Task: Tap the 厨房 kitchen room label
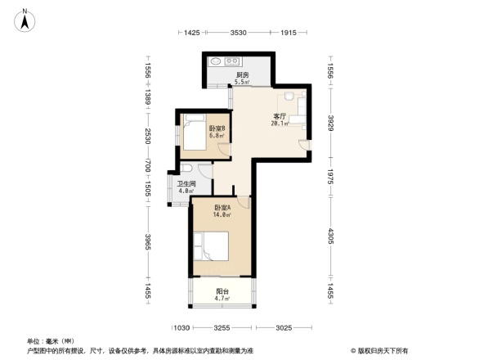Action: [x=241, y=75]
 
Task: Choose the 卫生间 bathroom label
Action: [x=186, y=185]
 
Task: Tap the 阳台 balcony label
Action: [x=222, y=291]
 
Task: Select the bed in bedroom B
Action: [x=195, y=132]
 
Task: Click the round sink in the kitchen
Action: [x=216, y=61]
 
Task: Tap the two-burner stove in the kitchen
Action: [x=232, y=61]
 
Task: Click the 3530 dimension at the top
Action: [x=239, y=33]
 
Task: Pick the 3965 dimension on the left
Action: [x=148, y=243]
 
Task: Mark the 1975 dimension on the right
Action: [x=331, y=178]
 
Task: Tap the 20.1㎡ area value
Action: [x=279, y=124]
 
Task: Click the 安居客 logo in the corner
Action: [x=383, y=350]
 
